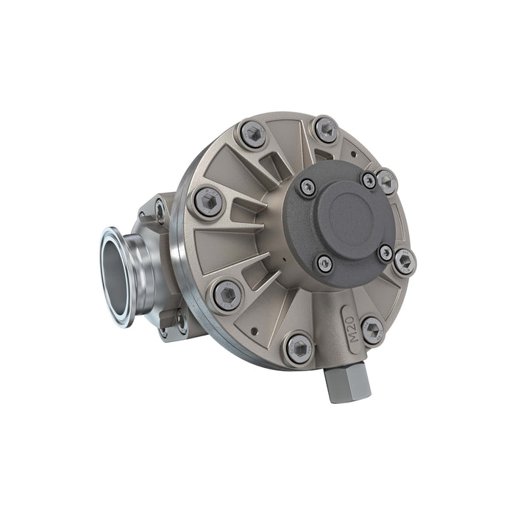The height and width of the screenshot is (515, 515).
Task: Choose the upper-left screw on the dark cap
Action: pyautogui.click(x=307, y=188)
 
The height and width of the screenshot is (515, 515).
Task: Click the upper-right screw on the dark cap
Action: pyautogui.click(x=369, y=180)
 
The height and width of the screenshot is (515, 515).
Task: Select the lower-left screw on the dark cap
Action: pyautogui.click(x=324, y=263)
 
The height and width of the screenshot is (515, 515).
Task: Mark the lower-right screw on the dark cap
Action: pyautogui.click(x=386, y=252)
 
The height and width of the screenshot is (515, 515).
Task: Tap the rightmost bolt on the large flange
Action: pyautogui.click(x=404, y=260)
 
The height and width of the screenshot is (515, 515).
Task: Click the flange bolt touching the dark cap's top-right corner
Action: pyautogui.click(x=386, y=180)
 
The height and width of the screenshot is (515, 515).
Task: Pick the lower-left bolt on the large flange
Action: pyautogui.click(x=227, y=294)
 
